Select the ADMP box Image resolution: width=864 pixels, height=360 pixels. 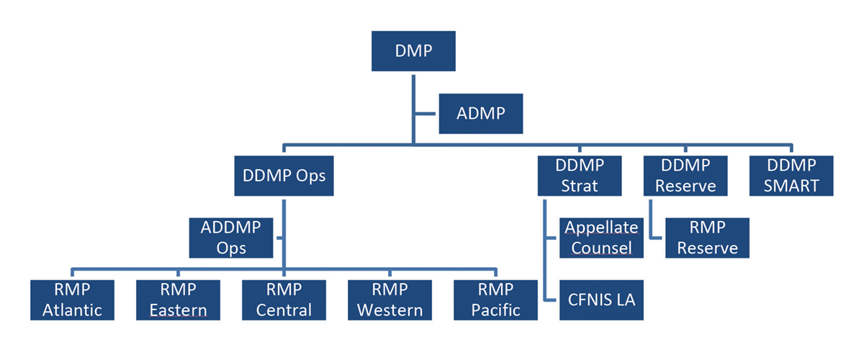[x=480, y=113]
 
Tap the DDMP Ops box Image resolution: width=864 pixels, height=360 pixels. [x=284, y=176]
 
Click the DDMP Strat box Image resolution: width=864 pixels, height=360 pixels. [x=579, y=176]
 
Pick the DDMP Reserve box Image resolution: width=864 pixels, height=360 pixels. [x=685, y=176]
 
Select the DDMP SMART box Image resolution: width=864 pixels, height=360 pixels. [x=791, y=176]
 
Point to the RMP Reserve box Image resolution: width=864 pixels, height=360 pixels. [x=707, y=238]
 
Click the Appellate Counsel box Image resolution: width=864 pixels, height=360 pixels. [x=600, y=238]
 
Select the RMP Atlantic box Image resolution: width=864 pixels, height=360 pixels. [x=72, y=300]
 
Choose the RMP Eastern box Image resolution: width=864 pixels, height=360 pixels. [x=178, y=300]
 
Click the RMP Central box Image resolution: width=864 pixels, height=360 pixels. [x=284, y=300]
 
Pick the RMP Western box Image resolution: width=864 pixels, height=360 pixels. [x=390, y=300]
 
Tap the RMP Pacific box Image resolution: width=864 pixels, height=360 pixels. [x=495, y=300]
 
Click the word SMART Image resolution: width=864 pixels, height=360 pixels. [x=791, y=186]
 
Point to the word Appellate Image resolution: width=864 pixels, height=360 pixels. [x=600, y=228]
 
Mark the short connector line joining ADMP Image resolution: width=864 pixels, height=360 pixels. [x=426, y=113]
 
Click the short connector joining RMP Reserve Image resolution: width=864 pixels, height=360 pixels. [x=657, y=237]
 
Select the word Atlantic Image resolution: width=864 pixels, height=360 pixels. [x=72, y=310]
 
